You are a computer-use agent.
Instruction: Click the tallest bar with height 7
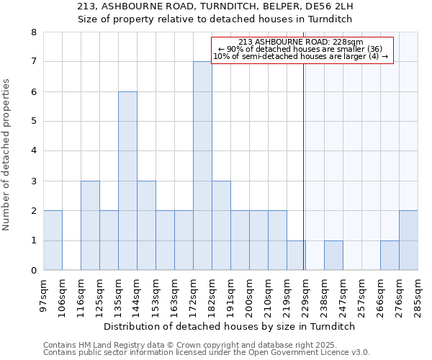coord(202,166)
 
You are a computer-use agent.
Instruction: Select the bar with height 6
coord(127,181)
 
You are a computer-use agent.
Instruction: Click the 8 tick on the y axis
coord(33,32)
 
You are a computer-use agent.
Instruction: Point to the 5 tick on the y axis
coord(33,122)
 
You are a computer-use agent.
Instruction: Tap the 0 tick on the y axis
coord(33,271)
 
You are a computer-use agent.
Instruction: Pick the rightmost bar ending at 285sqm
coord(408,240)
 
